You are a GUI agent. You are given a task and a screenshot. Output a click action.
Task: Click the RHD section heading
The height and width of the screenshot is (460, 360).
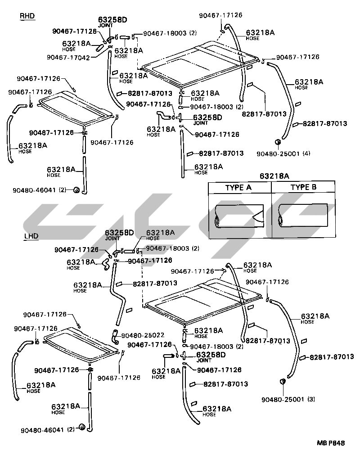click(27, 16)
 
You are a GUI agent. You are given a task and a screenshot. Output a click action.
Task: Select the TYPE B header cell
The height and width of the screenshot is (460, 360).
click(303, 187)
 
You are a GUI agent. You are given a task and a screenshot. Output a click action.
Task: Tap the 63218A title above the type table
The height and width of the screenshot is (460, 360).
click(274, 176)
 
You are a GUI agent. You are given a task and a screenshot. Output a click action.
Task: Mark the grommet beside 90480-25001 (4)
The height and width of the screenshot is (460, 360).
click(278, 143)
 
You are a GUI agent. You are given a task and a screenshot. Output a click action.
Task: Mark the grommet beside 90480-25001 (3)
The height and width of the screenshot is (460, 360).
click(283, 382)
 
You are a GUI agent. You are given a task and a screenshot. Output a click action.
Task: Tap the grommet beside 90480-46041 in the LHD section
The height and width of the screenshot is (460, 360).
click(82, 427)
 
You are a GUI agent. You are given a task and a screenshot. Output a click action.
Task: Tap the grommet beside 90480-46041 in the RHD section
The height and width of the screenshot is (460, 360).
click(76, 189)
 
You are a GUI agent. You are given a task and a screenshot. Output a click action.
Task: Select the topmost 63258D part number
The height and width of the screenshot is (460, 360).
click(113, 20)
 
